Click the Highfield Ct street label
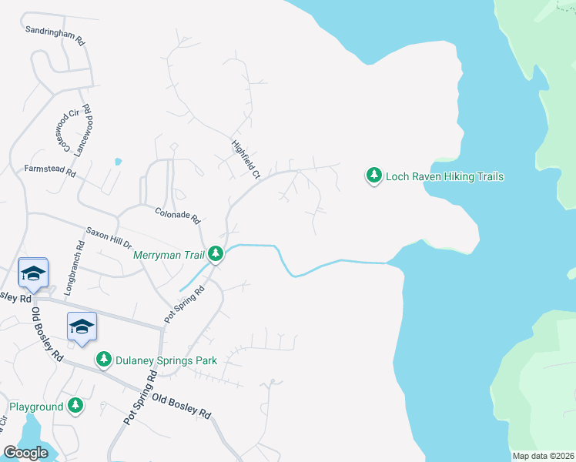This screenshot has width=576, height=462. [x=246, y=159]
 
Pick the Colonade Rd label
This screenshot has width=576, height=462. [x=177, y=215]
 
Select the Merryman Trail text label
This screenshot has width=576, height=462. [x=169, y=253]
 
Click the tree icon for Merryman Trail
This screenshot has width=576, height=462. [x=216, y=253]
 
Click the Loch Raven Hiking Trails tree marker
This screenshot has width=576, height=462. [x=373, y=176]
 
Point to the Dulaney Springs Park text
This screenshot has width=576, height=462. [x=166, y=360]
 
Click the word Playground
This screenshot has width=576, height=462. [x=36, y=406]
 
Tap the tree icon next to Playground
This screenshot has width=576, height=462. [x=75, y=405]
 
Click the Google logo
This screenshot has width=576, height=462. [x=26, y=453]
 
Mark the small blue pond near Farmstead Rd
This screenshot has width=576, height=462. [x=118, y=162]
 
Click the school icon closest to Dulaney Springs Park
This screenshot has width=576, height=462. [x=82, y=326]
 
